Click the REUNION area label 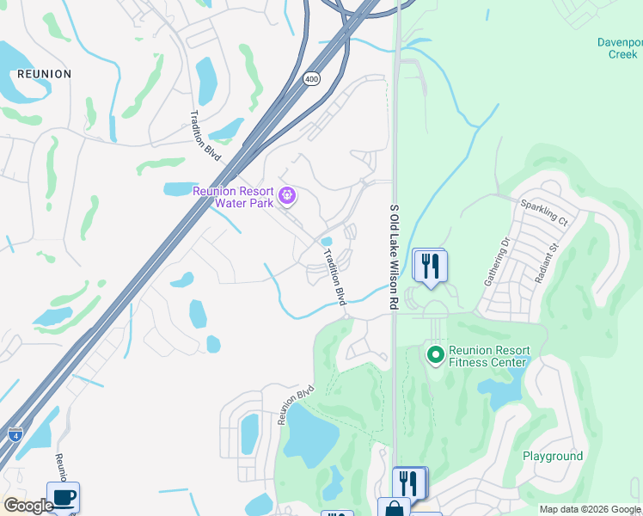(44, 74)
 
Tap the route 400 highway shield (310, 79)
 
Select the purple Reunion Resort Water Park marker (288, 197)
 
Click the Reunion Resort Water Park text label (233, 197)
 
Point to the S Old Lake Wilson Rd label (395, 257)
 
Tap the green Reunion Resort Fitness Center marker (436, 353)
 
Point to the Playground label (553, 457)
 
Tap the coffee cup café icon (63, 497)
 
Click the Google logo (28, 506)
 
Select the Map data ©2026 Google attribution (589, 509)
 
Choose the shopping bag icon (394, 508)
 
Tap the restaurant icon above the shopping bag (409, 482)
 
